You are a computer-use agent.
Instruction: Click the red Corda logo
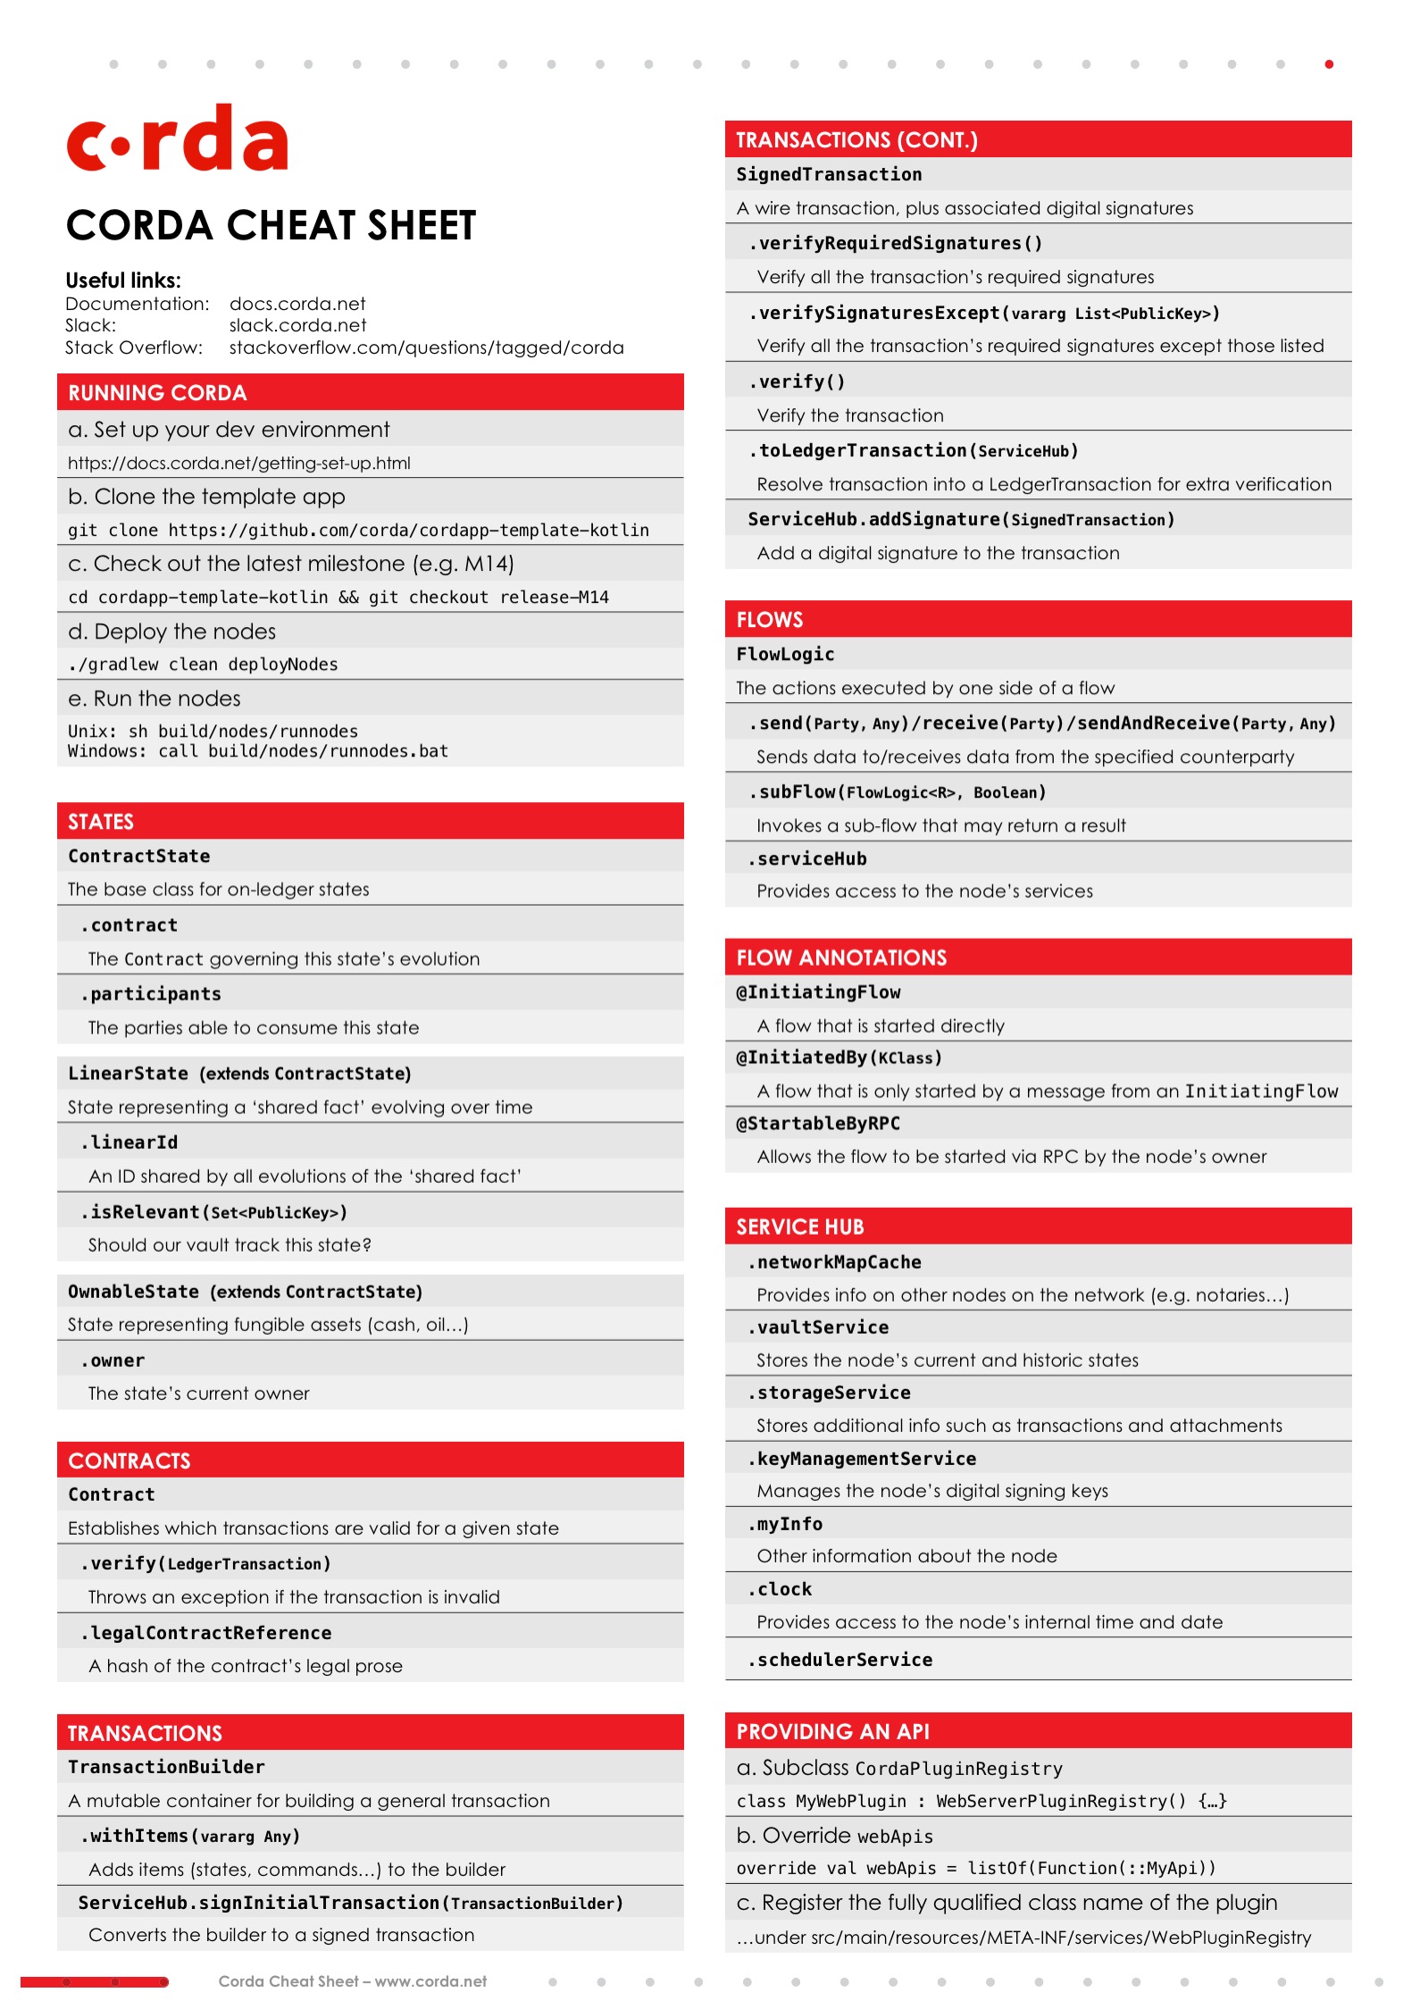(177, 138)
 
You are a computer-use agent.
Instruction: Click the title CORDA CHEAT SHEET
(271, 225)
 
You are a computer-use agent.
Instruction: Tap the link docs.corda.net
(297, 304)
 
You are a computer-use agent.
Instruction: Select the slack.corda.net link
(297, 325)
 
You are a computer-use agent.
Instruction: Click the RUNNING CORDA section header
(157, 393)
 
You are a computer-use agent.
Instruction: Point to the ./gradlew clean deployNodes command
(203, 665)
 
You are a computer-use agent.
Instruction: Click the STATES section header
(101, 822)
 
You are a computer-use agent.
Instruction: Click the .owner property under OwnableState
(113, 1360)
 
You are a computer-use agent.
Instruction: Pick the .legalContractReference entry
(206, 1633)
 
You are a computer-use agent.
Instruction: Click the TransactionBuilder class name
(166, 1767)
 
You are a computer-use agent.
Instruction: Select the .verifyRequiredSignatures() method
(895, 243)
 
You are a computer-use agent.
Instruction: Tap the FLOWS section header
(769, 620)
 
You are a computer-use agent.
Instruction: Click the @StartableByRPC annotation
(818, 1124)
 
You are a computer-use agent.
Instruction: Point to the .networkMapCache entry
(835, 1262)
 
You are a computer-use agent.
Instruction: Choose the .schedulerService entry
(840, 1660)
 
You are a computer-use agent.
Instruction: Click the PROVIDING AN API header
(832, 1731)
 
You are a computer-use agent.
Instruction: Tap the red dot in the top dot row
(1329, 64)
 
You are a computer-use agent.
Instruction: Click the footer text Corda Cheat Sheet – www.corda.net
(353, 1981)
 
